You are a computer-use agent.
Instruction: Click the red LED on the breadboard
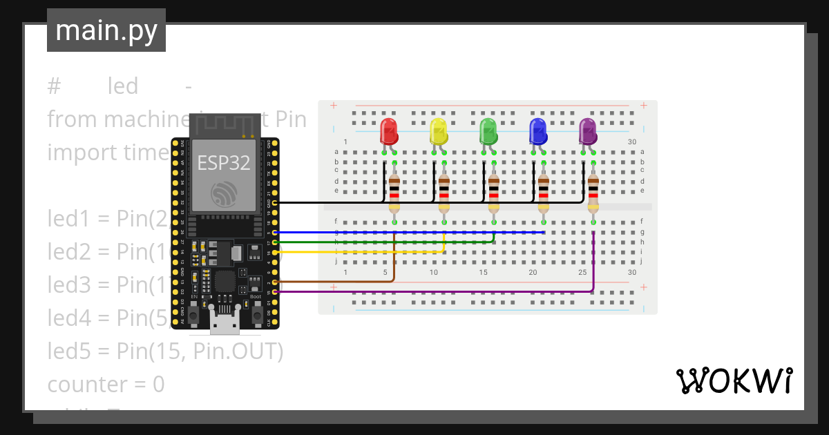[x=389, y=131]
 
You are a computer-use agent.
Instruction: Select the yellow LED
[x=439, y=131]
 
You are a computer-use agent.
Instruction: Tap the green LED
[x=488, y=131]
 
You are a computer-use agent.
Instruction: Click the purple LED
[x=588, y=131]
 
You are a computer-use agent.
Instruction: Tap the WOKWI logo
[x=734, y=381]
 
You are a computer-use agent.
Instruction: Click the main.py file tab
[x=106, y=30]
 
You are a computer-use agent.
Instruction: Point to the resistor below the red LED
[x=394, y=193]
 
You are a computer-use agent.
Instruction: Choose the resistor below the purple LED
[x=593, y=193]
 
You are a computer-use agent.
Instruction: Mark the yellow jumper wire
[x=359, y=252]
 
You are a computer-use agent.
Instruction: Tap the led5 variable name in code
[x=66, y=351]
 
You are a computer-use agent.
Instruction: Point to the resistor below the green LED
[x=494, y=193]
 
